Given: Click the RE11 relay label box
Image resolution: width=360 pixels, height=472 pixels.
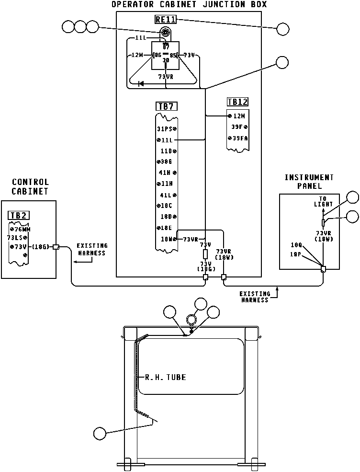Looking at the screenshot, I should (165, 20).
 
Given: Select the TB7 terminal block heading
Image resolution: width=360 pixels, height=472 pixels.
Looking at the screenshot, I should (166, 106).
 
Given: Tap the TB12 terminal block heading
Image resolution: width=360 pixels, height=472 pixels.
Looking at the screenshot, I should (237, 102).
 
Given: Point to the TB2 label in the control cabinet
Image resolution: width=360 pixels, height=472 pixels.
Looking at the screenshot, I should (18, 216).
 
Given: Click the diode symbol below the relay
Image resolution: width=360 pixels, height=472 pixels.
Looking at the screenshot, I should (141, 84).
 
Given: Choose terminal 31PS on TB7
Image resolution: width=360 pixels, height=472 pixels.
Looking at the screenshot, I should (167, 129).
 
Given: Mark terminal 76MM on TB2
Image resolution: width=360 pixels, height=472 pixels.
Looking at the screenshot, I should (20, 229).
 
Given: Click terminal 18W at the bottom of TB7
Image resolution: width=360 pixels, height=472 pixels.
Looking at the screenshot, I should (169, 239).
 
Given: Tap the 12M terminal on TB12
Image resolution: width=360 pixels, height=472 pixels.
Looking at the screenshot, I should (237, 116).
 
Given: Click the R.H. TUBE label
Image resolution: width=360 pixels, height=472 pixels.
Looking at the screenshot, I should (165, 377).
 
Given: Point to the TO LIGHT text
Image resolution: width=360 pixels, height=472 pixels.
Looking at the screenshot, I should (323, 201).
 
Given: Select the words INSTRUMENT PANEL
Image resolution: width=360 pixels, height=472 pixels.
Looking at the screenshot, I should (309, 182).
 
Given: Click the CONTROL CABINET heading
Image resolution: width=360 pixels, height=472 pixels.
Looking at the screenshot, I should (31, 186).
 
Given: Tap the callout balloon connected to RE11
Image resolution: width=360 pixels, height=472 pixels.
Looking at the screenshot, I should (283, 29).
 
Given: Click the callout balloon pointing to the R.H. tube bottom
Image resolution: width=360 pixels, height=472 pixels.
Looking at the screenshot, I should (100, 433).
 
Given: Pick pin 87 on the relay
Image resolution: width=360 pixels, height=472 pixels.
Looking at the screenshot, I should (166, 47).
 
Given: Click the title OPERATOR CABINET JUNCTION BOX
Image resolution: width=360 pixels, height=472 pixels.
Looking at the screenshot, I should (189, 4).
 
